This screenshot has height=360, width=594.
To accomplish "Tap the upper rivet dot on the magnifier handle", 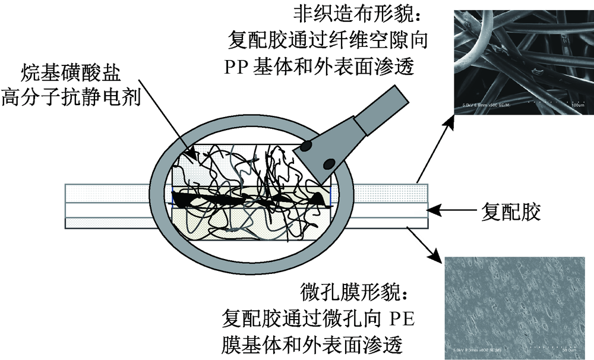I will (x=307, y=146).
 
